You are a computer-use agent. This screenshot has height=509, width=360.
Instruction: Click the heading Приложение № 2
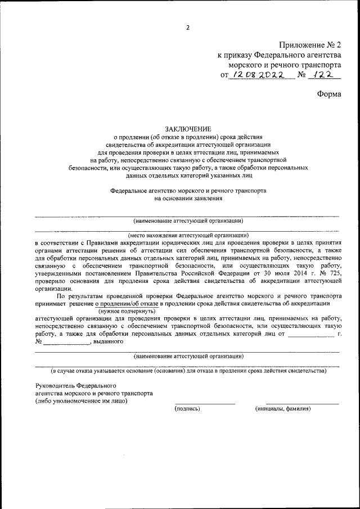[310, 44]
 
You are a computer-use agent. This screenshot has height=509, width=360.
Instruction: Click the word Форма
[329, 94]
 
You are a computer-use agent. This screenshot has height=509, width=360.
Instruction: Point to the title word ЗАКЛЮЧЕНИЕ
[188, 128]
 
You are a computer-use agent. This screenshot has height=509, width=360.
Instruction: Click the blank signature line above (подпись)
[204, 403]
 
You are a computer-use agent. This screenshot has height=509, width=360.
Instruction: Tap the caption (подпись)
[188, 409]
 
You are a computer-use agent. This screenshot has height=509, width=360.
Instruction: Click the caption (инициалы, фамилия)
[283, 409]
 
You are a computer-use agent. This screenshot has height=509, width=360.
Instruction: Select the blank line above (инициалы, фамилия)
[302, 403]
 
